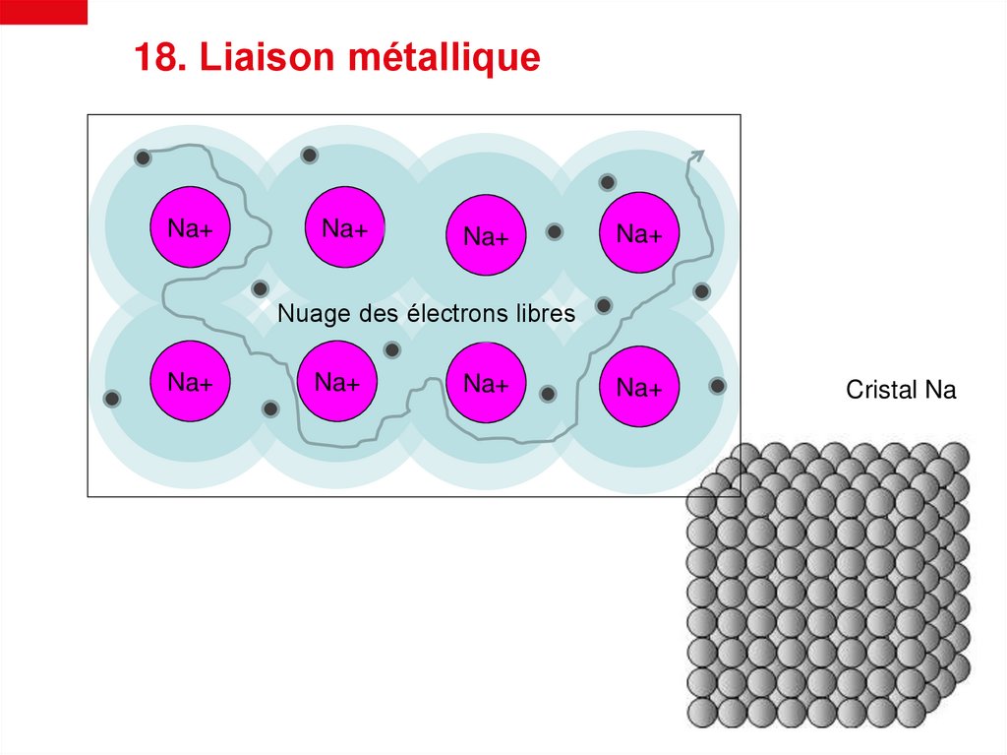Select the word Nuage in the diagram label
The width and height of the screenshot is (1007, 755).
click(x=307, y=314)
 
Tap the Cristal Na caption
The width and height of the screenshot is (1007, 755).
click(x=901, y=391)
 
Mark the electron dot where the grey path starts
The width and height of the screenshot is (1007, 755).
click(x=143, y=157)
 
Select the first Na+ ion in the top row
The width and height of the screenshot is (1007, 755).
click(x=191, y=227)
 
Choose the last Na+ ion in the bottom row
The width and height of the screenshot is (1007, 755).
click(x=639, y=387)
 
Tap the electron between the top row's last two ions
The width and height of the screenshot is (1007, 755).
click(x=555, y=232)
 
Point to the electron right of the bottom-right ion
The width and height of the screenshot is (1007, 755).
click(x=718, y=386)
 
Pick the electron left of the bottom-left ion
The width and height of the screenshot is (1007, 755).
click(x=112, y=399)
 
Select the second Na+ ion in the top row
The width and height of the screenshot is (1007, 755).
click(x=344, y=227)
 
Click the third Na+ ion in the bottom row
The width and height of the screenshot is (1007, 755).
click(x=486, y=382)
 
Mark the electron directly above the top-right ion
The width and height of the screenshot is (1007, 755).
click(x=608, y=182)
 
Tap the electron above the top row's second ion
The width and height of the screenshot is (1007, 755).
click(x=309, y=155)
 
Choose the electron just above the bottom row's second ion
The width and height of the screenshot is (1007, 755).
click(x=392, y=349)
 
